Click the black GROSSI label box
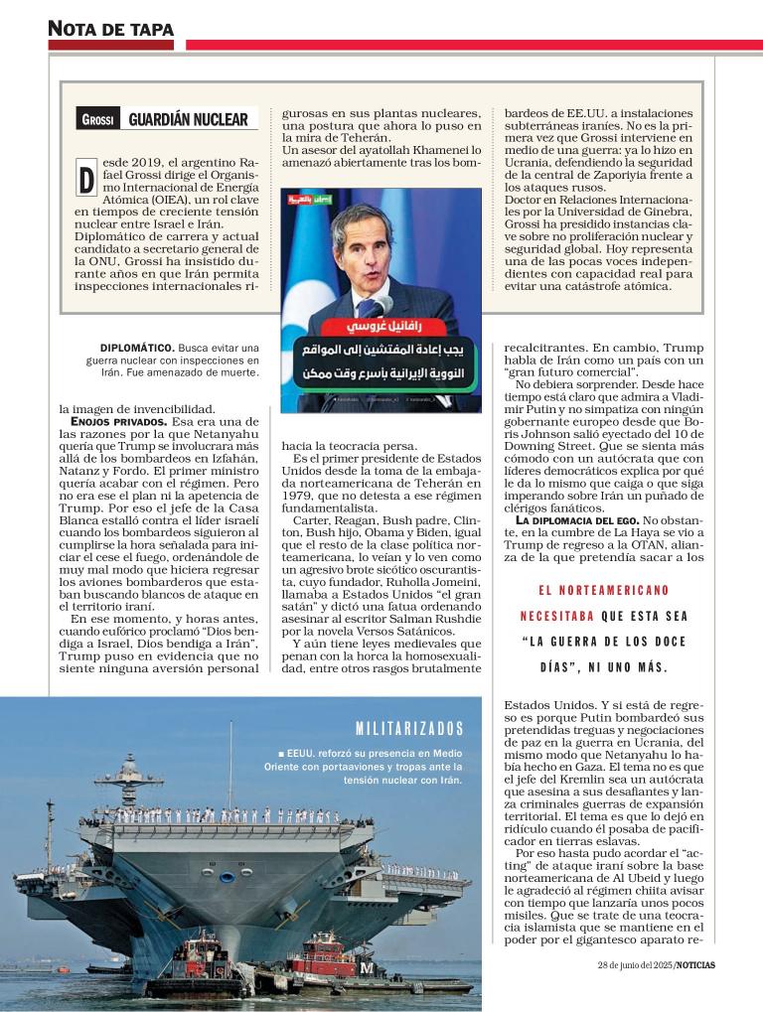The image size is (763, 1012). pos(98,120)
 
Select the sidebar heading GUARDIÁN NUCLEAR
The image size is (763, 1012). pos(188,120)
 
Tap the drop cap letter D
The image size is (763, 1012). pos(86,178)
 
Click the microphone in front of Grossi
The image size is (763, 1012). pos(382,303)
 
